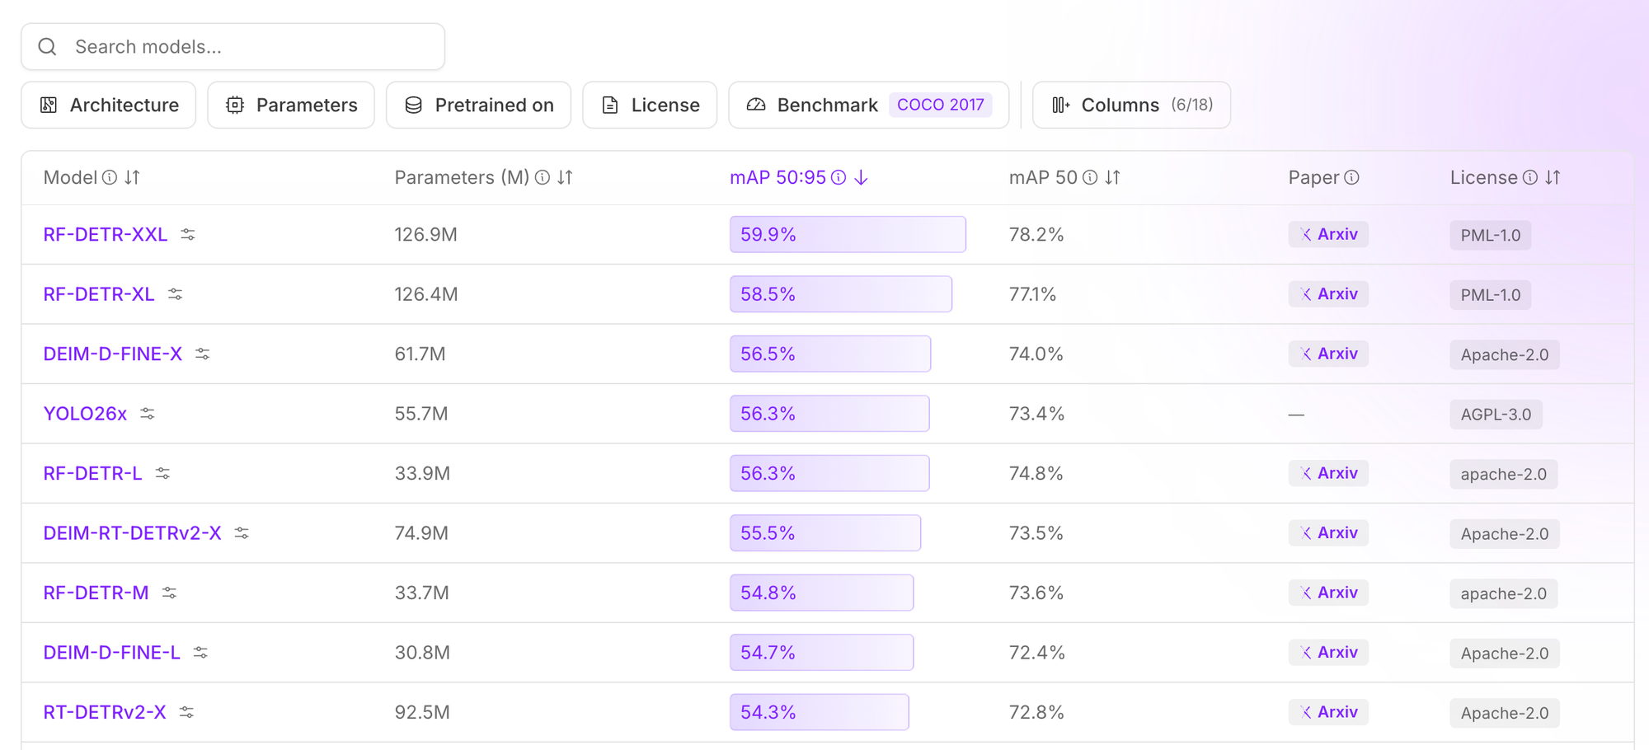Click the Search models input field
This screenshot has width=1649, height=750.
pyautogui.click(x=233, y=47)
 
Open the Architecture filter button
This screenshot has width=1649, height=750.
pyautogui.click(x=109, y=105)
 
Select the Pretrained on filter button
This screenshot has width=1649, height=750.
pyautogui.click(x=478, y=105)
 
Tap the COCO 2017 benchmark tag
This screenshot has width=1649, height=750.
pyautogui.click(x=941, y=105)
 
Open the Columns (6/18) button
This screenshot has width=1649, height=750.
pyautogui.click(x=1131, y=105)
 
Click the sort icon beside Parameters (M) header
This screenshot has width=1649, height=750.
pyautogui.click(x=565, y=177)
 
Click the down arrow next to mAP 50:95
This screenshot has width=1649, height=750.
pyautogui.click(x=861, y=177)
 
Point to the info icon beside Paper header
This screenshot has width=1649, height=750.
pyautogui.click(x=1351, y=177)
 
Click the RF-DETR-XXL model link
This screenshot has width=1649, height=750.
pyautogui.click(x=106, y=235)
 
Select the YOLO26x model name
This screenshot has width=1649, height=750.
pyautogui.click(x=85, y=414)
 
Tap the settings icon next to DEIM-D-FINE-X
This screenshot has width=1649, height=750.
pyautogui.click(x=202, y=354)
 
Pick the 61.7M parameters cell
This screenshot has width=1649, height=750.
pyautogui.click(x=420, y=354)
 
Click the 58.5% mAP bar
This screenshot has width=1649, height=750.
pyautogui.click(x=841, y=294)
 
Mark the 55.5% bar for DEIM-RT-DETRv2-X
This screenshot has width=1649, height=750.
pyautogui.click(x=825, y=533)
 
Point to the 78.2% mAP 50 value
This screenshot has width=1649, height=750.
pyautogui.click(x=1036, y=235)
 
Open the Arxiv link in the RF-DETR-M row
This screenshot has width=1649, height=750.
pyautogui.click(x=1328, y=593)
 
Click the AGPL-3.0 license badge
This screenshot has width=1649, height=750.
pyautogui.click(x=1496, y=415)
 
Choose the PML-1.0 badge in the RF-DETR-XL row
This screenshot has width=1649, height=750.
pyautogui.click(x=1491, y=295)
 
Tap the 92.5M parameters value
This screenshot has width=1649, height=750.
pyautogui.click(x=422, y=712)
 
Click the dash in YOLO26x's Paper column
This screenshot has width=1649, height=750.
pyautogui.click(x=1297, y=415)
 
